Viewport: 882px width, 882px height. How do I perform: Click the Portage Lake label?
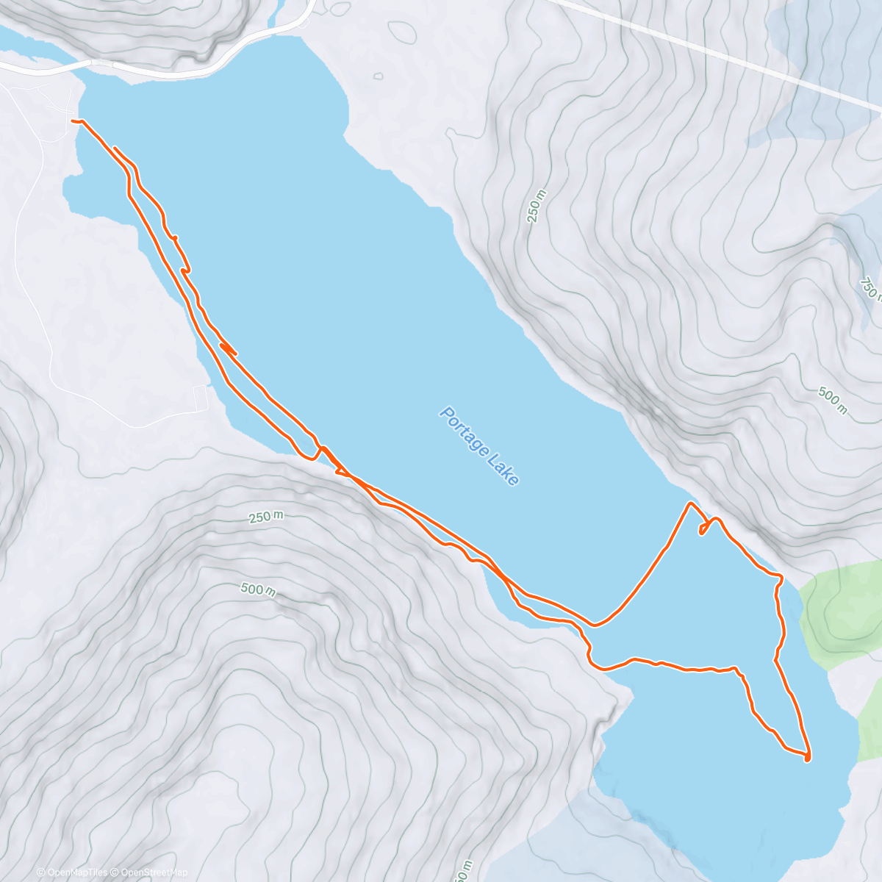pyautogui.click(x=479, y=445)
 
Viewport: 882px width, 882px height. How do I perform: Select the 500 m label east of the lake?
pyautogui.click(x=832, y=401)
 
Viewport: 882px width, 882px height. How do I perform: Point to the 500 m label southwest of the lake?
pyautogui.click(x=258, y=589)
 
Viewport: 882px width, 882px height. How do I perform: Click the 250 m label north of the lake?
pyautogui.click(x=538, y=206)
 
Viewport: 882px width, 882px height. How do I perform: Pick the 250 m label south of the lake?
pyautogui.click(x=265, y=517)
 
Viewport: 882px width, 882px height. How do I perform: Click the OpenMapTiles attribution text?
pyautogui.click(x=72, y=872)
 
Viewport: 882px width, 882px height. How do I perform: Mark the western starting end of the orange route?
pyautogui.click(x=73, y=120)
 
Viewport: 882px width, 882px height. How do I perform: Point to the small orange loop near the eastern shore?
pyautogui.click(x=704, y=528)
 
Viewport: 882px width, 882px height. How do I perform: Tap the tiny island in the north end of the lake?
pyautogui.click(x=379, y=75)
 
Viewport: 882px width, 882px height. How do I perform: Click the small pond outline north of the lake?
pyautogui.click(x=401, y=31)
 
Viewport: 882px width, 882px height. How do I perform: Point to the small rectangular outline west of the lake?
pyautogui.click(x=199, y=398)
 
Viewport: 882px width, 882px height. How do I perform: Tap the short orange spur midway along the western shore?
pyautogui.click(x=228, y=348)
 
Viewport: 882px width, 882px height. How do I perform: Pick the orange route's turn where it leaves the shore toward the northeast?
pyautogui.click(x=595, y=625)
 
